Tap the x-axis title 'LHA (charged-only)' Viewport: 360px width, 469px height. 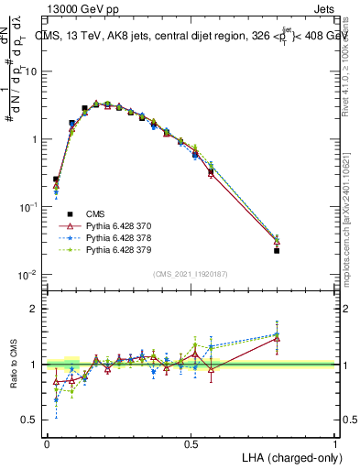(x=289, y=456)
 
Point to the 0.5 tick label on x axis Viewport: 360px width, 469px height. (x=191, y=443)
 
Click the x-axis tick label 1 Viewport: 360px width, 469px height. (x=335, y=443)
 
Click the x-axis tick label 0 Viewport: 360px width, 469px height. (x=47, y=443)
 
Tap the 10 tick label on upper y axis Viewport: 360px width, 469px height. (x=32, y=71)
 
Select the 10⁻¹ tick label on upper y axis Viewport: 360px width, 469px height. (x=30, y=207)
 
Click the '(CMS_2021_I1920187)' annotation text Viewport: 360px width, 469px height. (x=191, y=273)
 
